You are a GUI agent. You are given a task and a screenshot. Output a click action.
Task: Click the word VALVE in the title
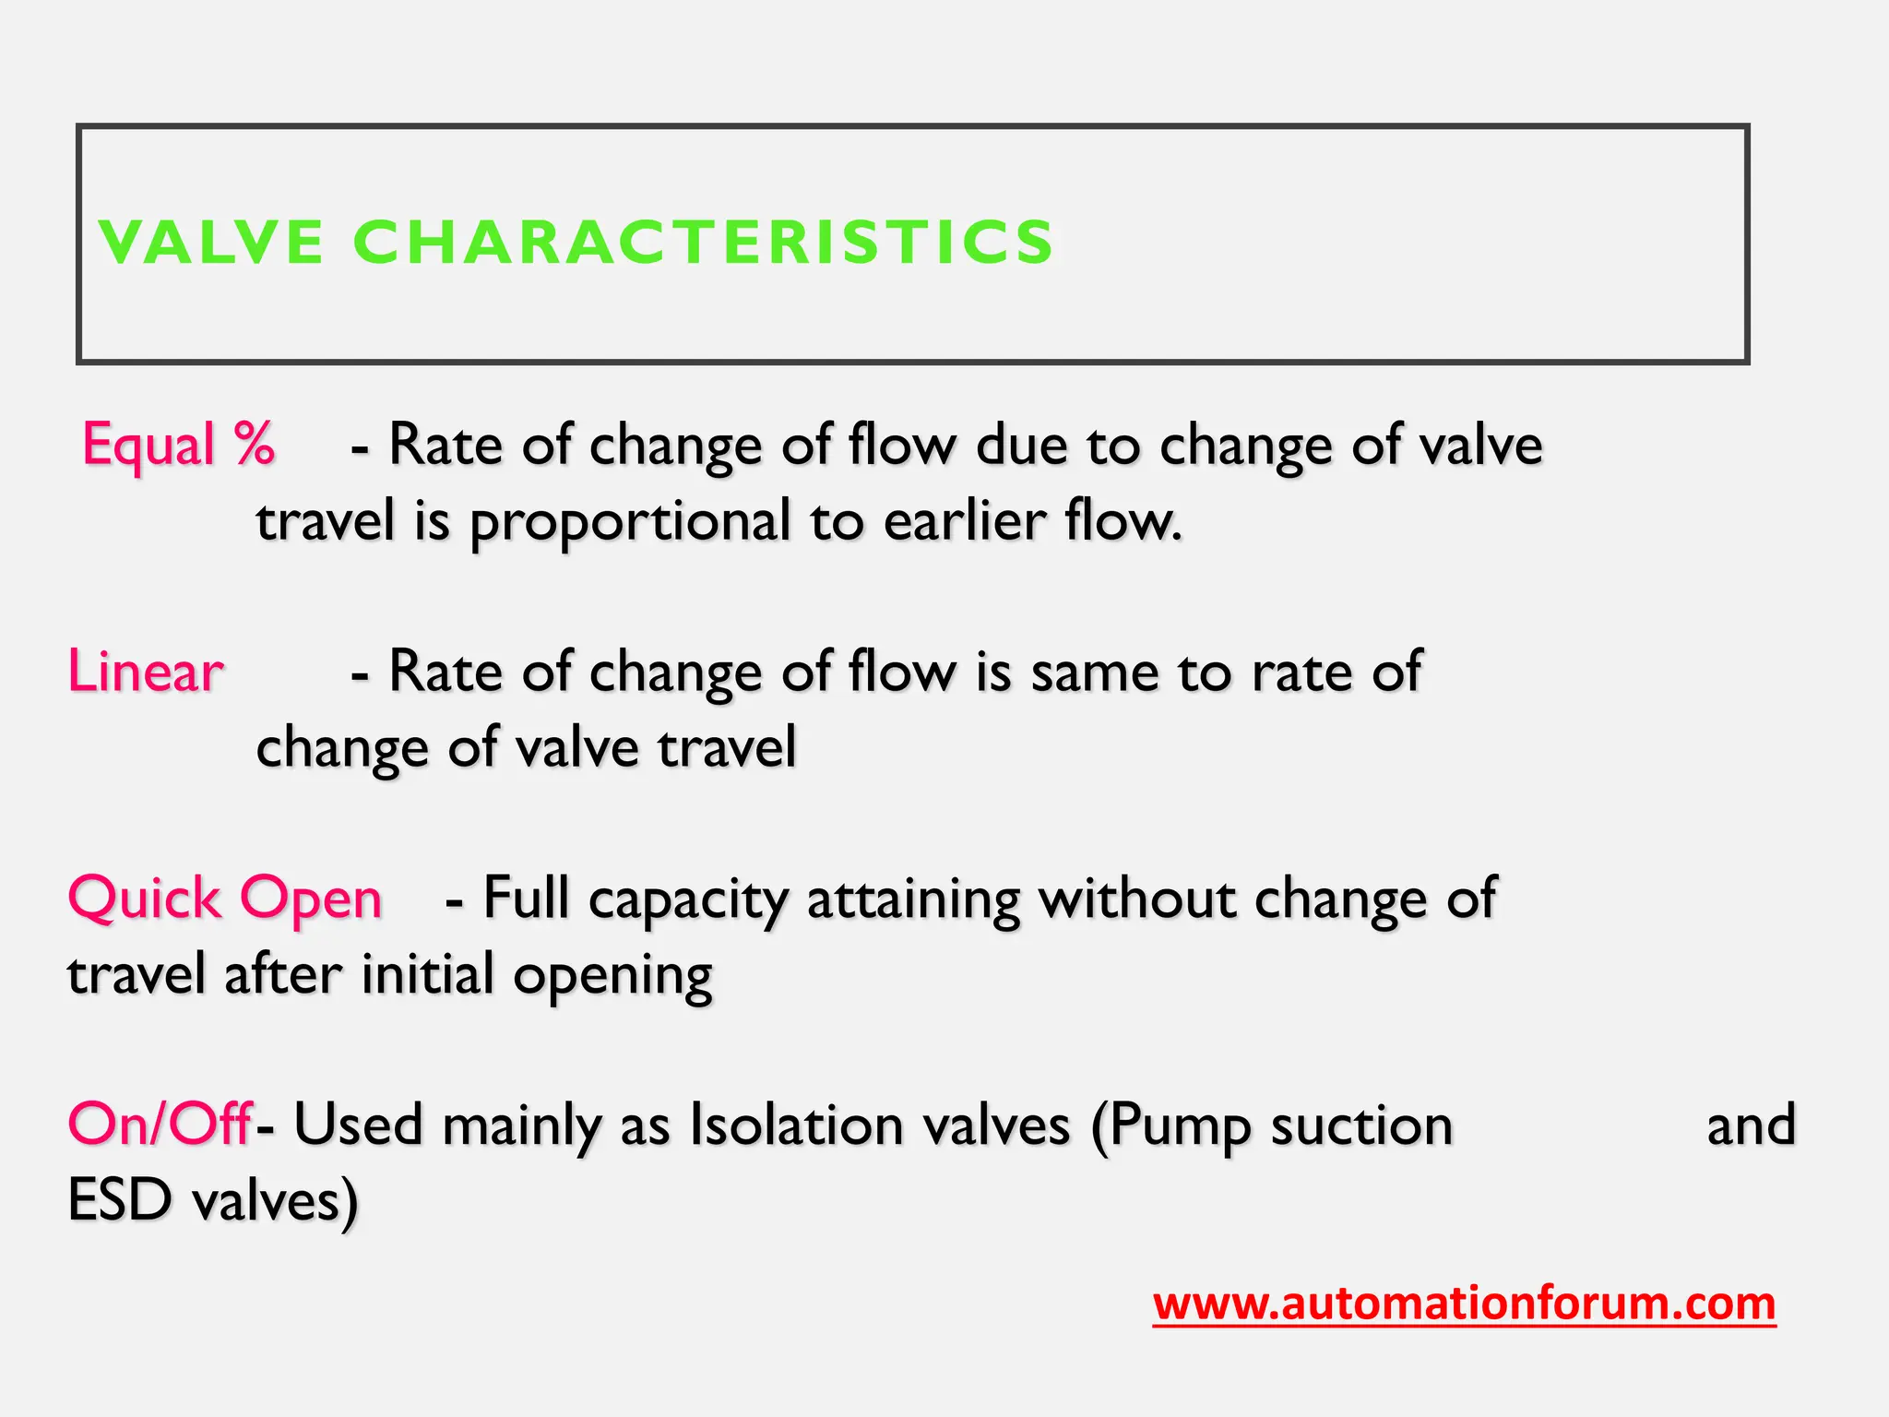[x=211, y=243]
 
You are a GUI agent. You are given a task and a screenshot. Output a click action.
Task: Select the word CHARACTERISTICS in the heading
[x=703, y=243]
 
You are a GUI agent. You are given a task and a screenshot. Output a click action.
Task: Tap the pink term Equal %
[x=178, y=445]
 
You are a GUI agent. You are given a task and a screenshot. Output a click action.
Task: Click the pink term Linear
[x=146, y=672]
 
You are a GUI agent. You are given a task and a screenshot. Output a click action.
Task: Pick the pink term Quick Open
[x=225, y=899]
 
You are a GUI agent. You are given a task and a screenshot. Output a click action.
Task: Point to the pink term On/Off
[x=160, y=1125]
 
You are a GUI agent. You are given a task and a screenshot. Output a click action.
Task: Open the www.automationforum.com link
[x=1464, y=1304]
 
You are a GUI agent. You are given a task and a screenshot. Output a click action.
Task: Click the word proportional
[x=631, y=522]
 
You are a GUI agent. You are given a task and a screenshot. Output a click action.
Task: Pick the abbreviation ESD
[x=120, y=1201]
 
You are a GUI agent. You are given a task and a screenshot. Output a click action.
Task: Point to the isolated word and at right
[x=1751, y=1125]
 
